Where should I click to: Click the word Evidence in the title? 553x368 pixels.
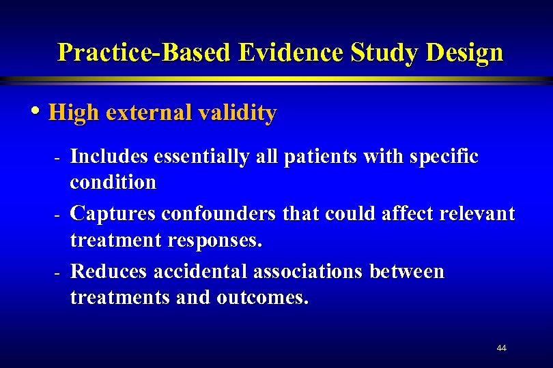[x=289, y=52]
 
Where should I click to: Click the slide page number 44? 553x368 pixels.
[x=502, y=348]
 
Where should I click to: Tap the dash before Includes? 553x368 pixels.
[x=59, y=157]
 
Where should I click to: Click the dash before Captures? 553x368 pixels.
[x=59, y=215]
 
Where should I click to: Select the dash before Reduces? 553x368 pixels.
[x=59, y=273]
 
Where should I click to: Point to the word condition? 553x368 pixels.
[x=113, y=183]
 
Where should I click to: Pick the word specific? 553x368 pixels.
[x=446, y=157]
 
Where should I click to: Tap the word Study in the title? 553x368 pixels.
[x=375, y=52]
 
